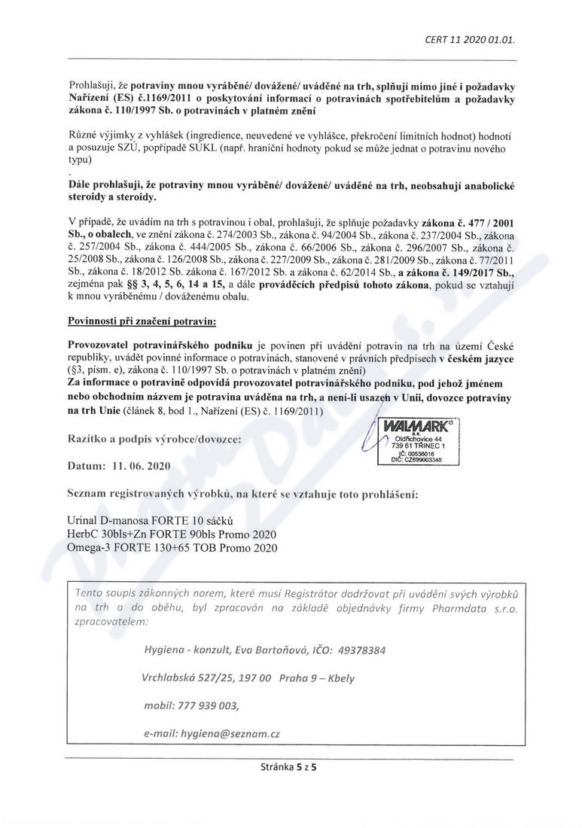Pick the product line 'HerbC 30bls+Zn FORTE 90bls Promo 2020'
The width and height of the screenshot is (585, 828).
[x=172, y=534]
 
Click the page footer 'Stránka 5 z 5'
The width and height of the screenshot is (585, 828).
[x=291, y=768]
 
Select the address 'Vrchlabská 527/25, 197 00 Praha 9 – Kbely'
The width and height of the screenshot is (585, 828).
[x=248, y=677]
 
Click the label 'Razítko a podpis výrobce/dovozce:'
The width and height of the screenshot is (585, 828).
[x=155, y=439]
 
